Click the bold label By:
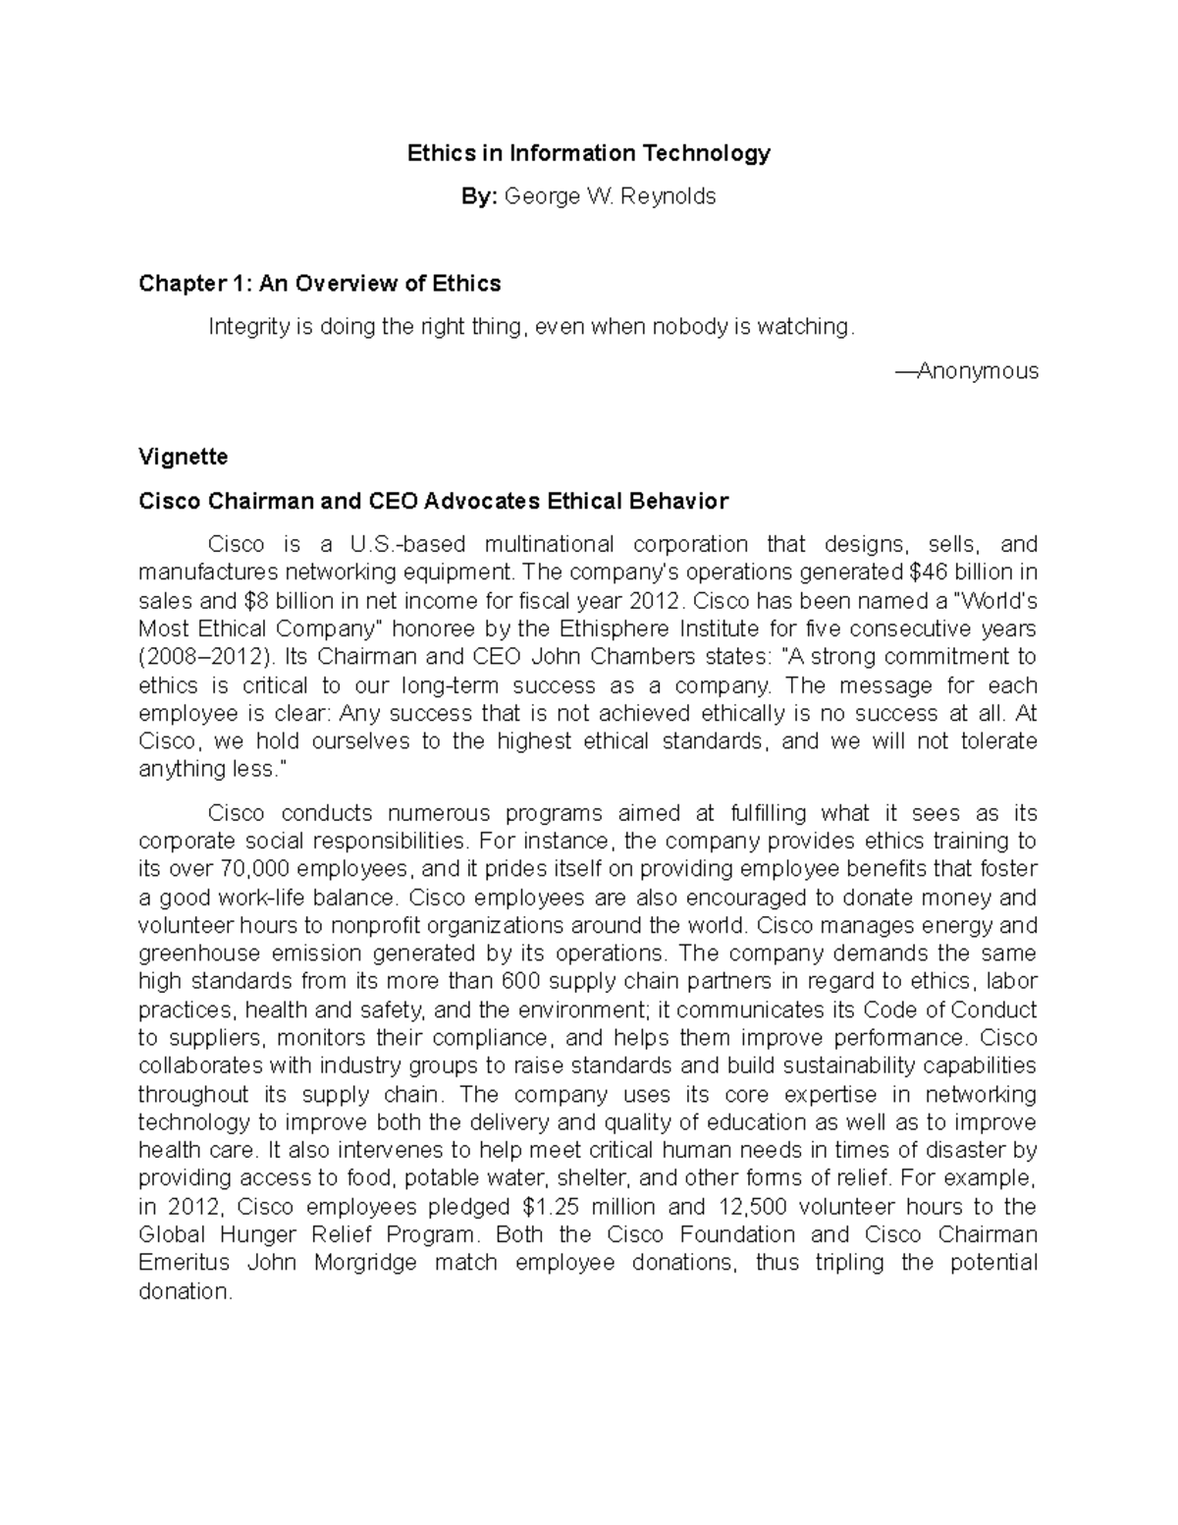[480, 196]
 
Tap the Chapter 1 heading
[319, 284]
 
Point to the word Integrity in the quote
[247, 327]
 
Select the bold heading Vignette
[183, 457]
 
